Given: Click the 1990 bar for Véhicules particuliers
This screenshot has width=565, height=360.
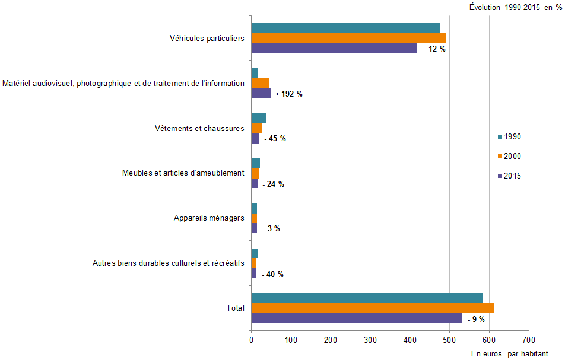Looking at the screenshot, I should [345, 28].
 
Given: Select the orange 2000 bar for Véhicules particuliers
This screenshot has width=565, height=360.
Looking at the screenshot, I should [348, 38].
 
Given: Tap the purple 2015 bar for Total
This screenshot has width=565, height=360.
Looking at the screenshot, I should [356, 318].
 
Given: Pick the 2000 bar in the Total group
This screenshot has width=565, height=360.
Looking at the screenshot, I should [372, 308].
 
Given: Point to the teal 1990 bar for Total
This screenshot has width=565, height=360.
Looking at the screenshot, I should [367, 298].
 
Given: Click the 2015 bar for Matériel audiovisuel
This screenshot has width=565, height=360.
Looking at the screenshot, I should [261, 94].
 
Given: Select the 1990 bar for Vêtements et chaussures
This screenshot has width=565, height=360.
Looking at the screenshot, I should [258, 118].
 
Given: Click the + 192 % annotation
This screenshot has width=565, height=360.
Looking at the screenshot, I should [289, 94].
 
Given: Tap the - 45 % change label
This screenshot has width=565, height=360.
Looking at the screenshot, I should [275, 139].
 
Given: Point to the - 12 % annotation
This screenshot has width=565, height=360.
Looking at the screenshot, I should [435, 49].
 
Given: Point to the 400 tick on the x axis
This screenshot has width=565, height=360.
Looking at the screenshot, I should [410, 340].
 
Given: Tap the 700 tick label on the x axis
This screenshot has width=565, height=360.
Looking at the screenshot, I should [529, 340].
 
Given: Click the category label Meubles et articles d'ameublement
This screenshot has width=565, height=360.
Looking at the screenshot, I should [183, 173].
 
